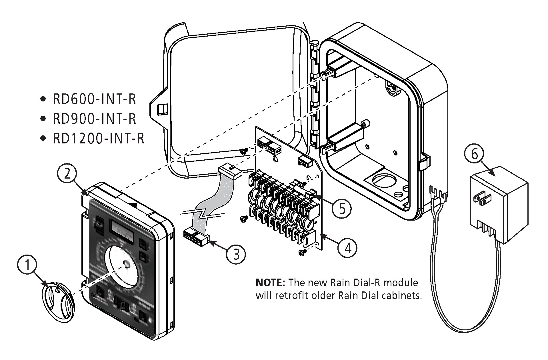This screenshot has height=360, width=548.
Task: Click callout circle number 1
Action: pyautogui.click(x=27, y=265)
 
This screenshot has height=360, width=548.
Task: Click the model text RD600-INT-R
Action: pyautogui.click(x=94, y=99)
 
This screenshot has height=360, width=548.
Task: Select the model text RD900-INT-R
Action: pyautogui.click(x=94, y=119)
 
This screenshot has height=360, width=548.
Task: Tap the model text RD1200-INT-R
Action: pyautogui.click(x=98, y=139)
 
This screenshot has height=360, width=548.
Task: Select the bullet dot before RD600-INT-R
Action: pyautogui.click(x=43, y=99)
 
